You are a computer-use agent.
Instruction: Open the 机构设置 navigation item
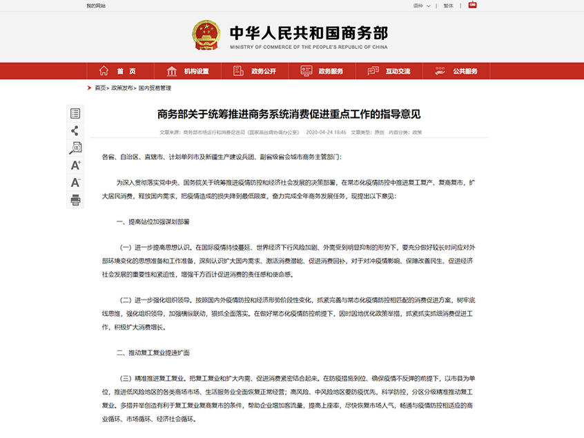188,71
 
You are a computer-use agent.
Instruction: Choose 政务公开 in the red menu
255,71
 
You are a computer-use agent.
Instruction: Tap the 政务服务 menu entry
322,71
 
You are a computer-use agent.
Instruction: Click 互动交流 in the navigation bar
389,71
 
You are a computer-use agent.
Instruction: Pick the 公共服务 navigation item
456,71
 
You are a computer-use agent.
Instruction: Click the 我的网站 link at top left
96,6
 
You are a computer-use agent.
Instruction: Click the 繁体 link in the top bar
448,6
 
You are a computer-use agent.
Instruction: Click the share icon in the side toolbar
75,130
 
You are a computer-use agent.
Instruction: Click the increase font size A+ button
75,166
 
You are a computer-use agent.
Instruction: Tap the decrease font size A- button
75,183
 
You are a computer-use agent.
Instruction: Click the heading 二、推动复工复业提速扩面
153,352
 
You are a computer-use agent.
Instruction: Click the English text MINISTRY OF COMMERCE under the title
309,47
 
